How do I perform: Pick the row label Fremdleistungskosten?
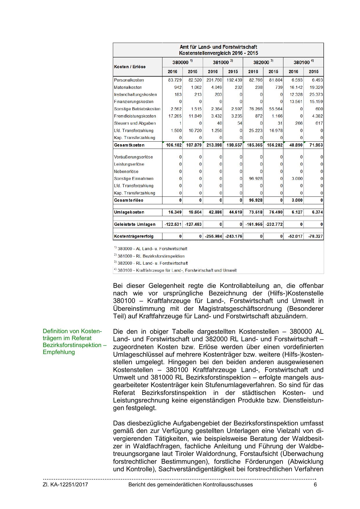(135, 116)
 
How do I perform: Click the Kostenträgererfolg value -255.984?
(214, 236)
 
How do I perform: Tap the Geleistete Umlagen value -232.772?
(274, 224)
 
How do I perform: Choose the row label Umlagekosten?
(129, 212)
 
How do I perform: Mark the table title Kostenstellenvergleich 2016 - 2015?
(218, 53)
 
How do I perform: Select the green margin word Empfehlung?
(59, 352)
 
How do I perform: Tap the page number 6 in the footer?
(315, 485)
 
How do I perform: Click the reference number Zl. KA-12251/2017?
(65, 485)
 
